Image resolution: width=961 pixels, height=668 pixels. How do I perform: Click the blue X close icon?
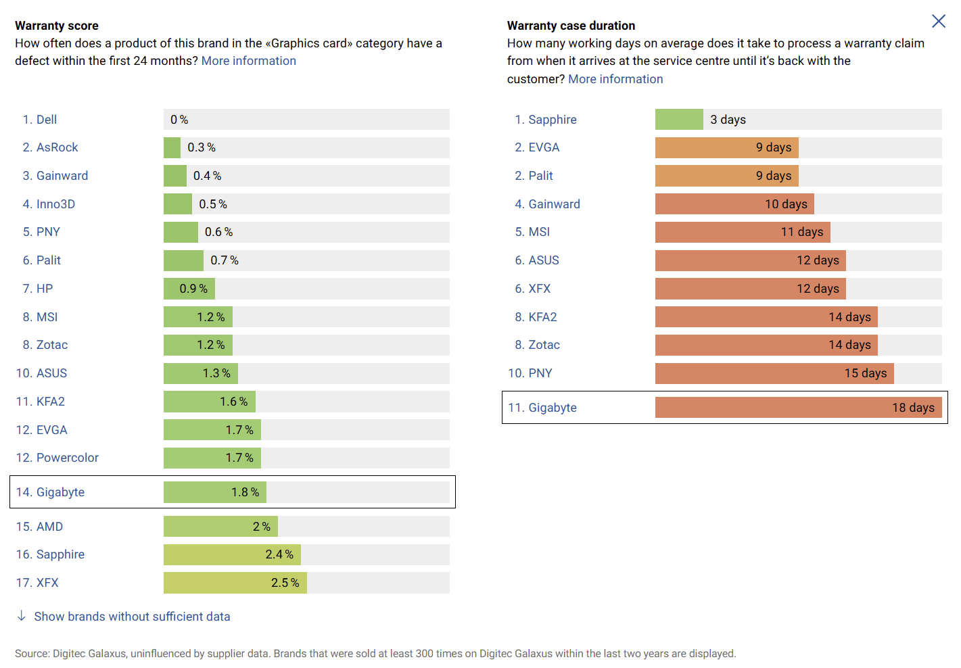click(938, 22)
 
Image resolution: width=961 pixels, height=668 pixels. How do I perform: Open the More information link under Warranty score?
click(248, 61)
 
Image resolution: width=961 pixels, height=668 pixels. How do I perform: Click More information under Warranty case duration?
click(615, 79)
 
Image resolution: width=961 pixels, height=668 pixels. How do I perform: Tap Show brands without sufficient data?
click(132, 617)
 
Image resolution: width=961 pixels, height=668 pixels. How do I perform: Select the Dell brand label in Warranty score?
click(46, 120)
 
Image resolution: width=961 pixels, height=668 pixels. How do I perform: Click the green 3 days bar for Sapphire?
click(679, 120)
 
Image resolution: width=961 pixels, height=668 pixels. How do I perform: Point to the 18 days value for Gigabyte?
click(912, 408)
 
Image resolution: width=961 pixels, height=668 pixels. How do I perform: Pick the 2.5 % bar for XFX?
click(235, 583)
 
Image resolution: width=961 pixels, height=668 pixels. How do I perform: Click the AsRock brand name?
click(57, 147)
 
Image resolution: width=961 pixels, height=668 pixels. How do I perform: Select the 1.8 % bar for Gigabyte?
click(214, 492)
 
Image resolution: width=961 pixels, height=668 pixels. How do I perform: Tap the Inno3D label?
click(55, 204)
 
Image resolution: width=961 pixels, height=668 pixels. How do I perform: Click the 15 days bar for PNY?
click(774, 373)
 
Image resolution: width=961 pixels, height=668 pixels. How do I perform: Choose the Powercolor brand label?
click(67, 458)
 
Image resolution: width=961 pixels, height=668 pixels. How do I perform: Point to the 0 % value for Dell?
click(179, 120)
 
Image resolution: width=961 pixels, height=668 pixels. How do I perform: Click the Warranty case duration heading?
click(571, 26)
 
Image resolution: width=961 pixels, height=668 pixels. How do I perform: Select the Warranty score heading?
click(57, 26)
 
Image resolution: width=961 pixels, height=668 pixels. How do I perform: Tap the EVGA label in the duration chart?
click(544, 147)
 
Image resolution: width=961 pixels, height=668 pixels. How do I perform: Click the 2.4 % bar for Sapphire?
click(232, 554)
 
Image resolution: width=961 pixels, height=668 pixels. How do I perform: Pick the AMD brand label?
click(49, 527)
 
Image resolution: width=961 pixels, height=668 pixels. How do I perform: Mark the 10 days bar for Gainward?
click(734, 204)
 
